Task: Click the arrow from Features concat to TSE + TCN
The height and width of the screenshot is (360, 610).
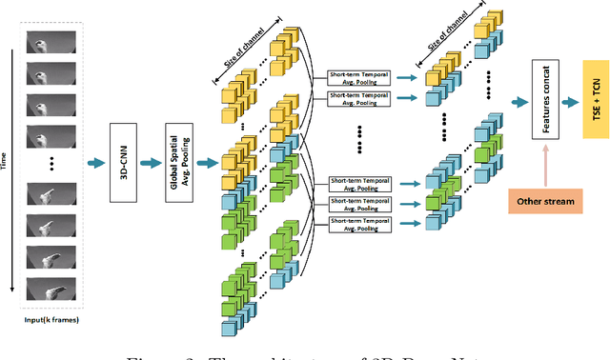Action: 571,99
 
